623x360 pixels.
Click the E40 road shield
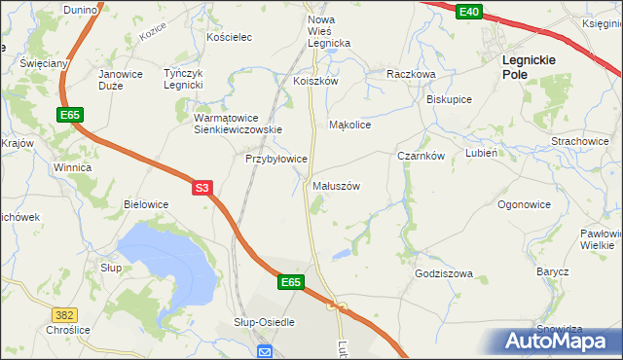pyautogui.click(x=469, y=11)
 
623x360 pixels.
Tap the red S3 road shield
pyautogui.click(x=202, y=187)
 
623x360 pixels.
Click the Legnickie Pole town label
pyautogui.click(x=529, y=66)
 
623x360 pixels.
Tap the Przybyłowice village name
pyautogui.click(x=276, y=158)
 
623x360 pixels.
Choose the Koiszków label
pyautogui.click(x=315, y=82)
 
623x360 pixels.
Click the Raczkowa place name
pyautogui.click(x=410, y=74)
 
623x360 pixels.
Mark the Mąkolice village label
pyautogui.click(x=350, y=125)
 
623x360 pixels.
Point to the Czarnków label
pyautogui.click(x=421, y=156)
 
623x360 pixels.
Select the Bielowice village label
pyautogui.click(x=146, y=204)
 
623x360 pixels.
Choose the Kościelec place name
pyautogui.click(x=230, y=37)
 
